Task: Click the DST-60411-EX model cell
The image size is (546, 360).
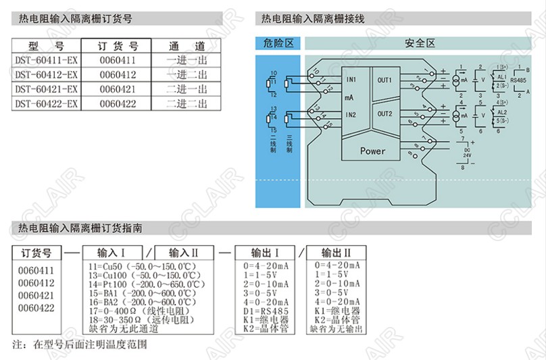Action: point(47,60)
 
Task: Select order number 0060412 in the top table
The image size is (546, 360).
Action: point(118,74)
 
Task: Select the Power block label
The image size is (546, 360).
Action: point(372,151)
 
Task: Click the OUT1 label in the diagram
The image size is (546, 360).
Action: point(384,80)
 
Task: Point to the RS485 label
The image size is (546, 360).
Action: point(518,80)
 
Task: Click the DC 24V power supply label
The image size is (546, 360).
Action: point(465,153)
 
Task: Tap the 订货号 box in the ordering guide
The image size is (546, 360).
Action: point(36,253)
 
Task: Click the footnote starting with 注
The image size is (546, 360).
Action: point(80,344)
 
